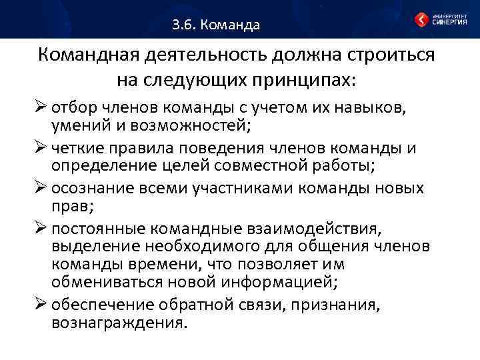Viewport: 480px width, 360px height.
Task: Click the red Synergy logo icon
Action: (x=422, y=19)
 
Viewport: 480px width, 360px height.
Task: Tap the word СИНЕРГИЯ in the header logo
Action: (x=449, y=22)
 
